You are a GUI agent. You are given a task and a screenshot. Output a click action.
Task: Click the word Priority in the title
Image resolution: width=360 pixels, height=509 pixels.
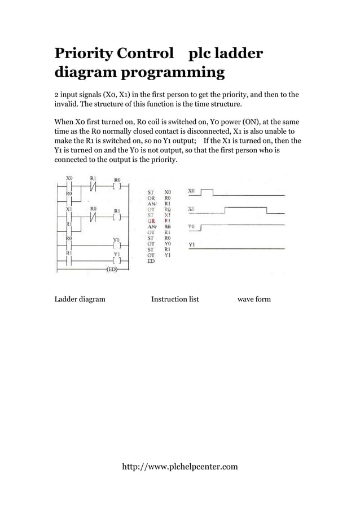click(83, 54)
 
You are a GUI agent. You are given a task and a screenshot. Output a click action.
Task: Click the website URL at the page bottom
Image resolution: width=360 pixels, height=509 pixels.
click(180, 467)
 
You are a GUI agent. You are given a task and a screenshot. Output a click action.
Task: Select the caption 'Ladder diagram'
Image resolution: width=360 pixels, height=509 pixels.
click(80, 299)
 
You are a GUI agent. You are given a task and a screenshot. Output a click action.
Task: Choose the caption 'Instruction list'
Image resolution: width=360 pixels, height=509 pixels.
click(175, 299)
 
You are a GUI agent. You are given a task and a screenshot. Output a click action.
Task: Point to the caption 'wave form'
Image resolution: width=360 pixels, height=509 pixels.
click(254, 299)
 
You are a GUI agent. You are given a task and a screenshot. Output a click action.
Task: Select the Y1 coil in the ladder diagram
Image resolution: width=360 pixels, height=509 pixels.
click(117, 261)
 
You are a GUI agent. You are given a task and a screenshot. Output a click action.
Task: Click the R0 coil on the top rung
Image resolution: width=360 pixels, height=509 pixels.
click(117, 186)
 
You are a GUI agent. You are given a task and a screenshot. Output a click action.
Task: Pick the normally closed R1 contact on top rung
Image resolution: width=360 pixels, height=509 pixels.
click(94, 186)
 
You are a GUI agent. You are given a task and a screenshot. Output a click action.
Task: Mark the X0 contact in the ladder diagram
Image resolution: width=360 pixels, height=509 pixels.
click(69, 186)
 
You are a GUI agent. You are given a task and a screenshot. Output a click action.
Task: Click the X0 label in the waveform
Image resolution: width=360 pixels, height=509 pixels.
click(192, 191)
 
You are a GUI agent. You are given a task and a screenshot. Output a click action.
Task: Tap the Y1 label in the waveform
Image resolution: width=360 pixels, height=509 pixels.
click(192, 245)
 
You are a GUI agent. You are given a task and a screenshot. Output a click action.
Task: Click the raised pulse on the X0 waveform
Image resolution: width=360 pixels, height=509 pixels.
click(207, 191)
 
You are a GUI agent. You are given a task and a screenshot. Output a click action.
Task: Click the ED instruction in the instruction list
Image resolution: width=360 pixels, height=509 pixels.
click(151, 262)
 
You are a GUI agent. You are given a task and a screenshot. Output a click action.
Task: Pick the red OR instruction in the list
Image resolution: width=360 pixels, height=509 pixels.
click(151, 221)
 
